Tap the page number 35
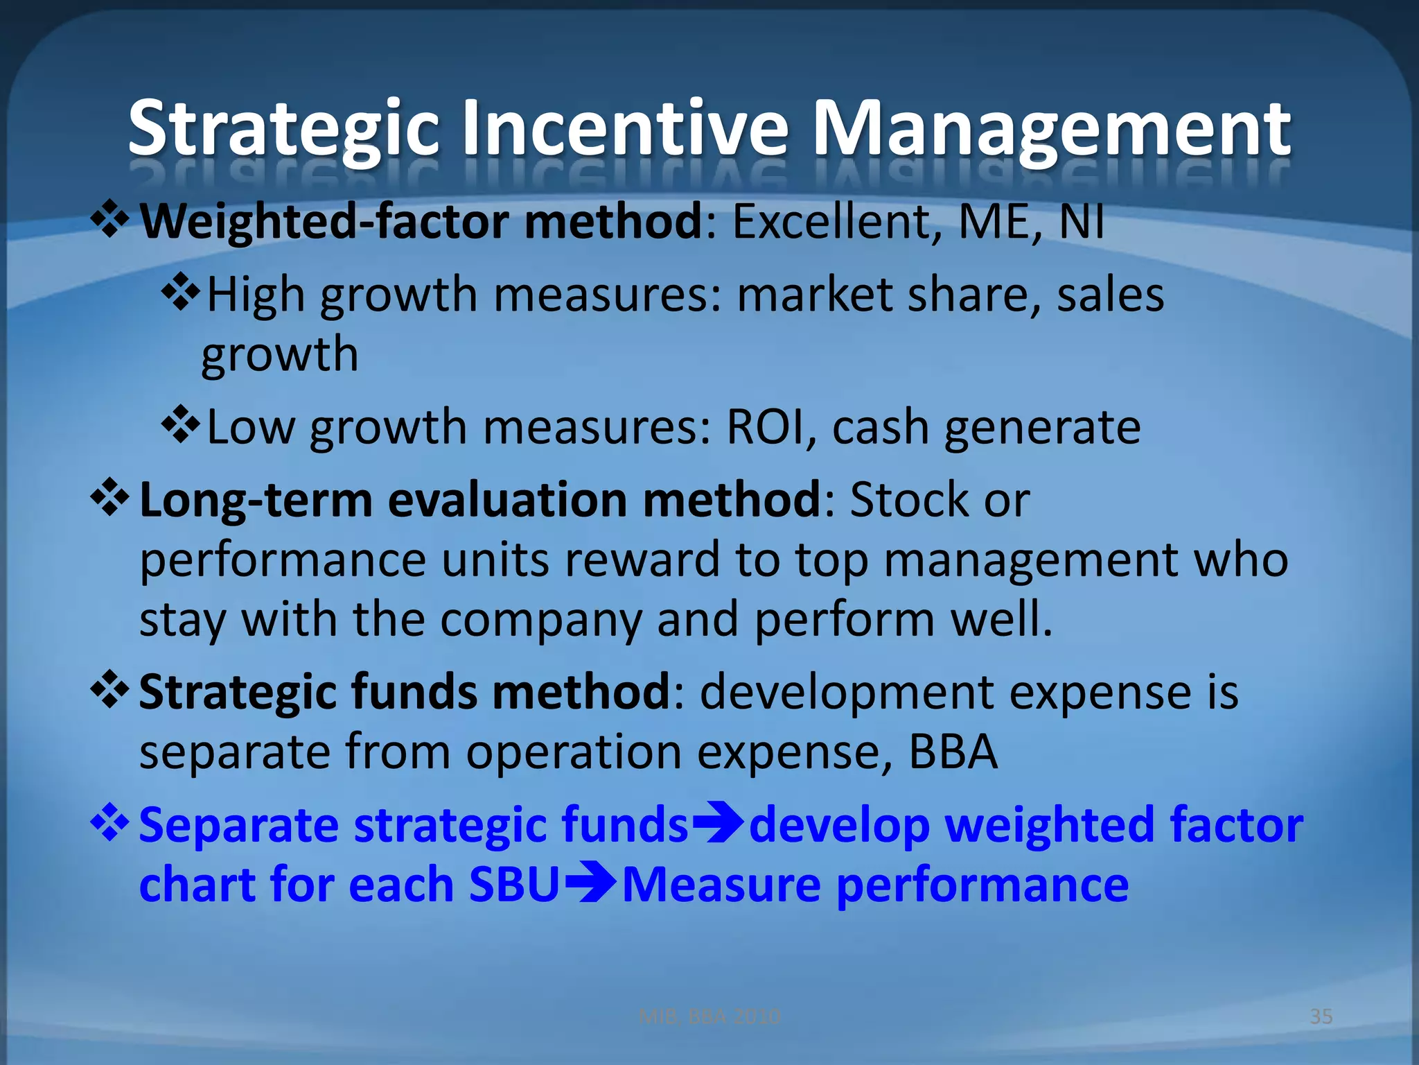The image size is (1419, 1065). click(1321, 1016)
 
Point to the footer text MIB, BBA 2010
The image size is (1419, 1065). click(709, 1016)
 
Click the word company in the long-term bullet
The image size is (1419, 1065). click(540, 621)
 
